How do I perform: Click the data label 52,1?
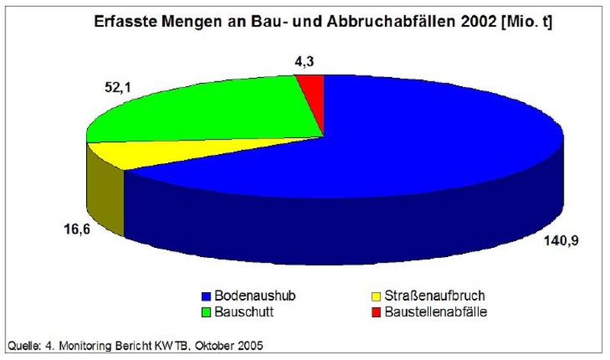coord(110,88)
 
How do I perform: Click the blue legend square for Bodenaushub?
coord(206,296)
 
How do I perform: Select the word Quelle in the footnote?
coord(20,347)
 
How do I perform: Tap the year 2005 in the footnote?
coord(247,347)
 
